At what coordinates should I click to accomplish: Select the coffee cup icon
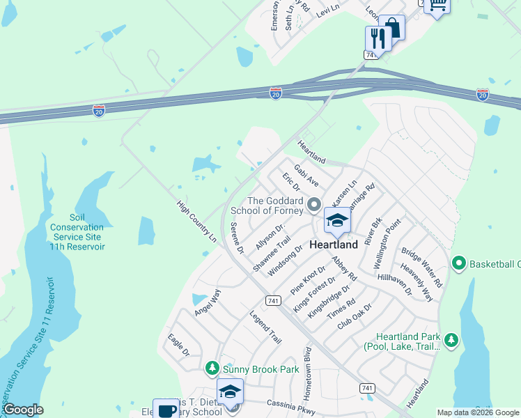(166, 410)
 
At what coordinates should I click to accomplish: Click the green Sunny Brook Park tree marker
(212, 367)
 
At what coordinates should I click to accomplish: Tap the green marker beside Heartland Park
(451, 340)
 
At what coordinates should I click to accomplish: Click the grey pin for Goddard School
(314, 206)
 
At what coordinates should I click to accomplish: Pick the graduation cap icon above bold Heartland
(337, 222)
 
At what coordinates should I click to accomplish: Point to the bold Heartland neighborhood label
(333, 245)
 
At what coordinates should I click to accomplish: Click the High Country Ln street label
(196, 222)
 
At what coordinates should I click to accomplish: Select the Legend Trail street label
(265, 327)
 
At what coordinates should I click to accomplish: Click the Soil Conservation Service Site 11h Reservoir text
(77, 232)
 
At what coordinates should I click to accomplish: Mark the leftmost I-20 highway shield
(98, 110)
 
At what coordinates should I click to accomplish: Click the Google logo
(22, 410)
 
